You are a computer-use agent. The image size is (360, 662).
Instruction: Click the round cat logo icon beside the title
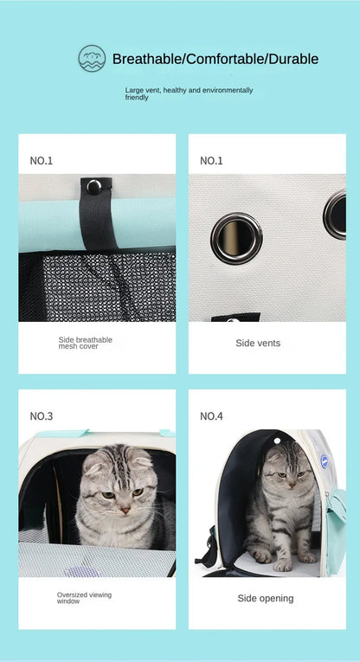coord(92,58)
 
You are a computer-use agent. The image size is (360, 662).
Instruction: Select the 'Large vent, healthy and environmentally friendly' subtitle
coord(189,93)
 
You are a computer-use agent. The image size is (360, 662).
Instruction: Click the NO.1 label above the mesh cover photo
coord(42,160)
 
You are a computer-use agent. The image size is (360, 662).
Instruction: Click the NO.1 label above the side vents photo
coord(211,160)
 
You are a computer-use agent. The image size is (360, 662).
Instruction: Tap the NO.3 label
coord(42,416)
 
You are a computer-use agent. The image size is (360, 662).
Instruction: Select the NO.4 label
coord(211,416)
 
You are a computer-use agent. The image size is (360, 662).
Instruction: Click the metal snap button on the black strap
coord(93,186)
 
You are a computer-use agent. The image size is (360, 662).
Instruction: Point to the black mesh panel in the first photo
coord(95,286)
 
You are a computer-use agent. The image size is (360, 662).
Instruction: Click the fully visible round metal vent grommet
coord(236,237)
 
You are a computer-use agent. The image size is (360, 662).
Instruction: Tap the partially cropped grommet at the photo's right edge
coord(336,215)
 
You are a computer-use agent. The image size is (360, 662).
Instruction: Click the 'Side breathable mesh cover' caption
coord(86,343)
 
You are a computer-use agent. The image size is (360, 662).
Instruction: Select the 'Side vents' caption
coord(258,343)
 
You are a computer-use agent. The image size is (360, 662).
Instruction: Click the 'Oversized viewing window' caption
coord(84,598)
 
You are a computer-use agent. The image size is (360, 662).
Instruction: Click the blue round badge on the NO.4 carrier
coord(323,463)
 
